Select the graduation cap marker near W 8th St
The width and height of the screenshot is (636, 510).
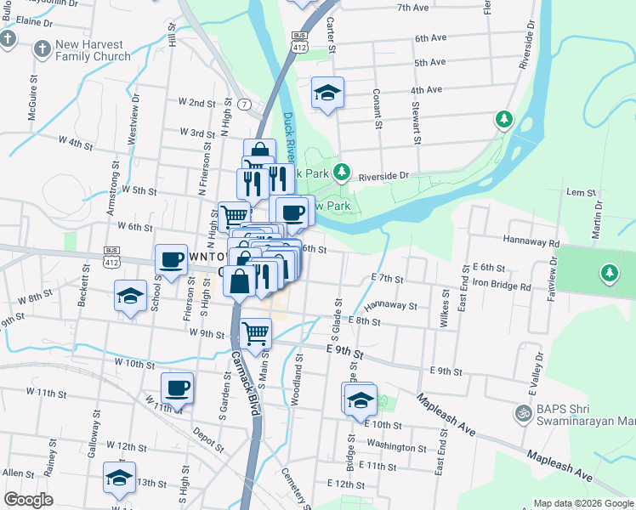129,297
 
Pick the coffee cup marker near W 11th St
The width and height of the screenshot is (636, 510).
177,388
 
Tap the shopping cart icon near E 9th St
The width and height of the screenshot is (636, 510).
255,334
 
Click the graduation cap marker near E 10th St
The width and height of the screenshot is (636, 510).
361,399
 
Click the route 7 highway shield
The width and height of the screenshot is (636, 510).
244,105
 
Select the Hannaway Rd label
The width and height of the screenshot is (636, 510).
531,243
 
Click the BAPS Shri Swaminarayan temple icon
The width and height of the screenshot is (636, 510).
523,413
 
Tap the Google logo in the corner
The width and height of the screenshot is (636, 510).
28,500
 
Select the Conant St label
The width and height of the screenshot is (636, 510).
377,111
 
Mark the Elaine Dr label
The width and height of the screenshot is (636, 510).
34,20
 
